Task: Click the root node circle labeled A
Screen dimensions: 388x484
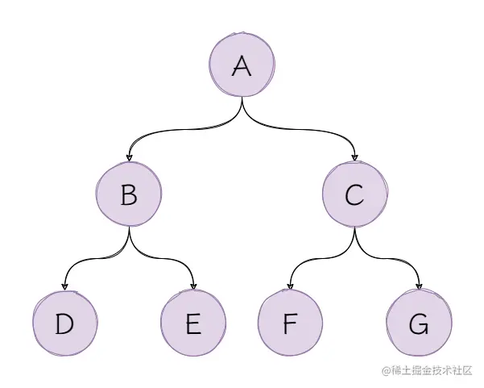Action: click(x=242, y=66)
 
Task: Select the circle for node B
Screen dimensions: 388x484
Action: click(x=129, y=195)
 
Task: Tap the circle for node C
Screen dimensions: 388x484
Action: click(x=355, y=195)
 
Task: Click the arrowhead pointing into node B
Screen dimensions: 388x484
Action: click(x=129, y=157)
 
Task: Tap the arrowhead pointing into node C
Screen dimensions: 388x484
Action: click(x=355, y=157)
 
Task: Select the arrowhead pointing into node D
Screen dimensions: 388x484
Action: click(x=64, y=286)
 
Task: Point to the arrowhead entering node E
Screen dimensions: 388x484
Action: click(x=193, y=286)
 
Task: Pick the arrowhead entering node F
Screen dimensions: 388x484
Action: click(x=290, y=286)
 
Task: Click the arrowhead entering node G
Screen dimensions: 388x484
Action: click(x=419, y=286)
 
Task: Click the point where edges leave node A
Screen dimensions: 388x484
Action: click(x=242, y=100)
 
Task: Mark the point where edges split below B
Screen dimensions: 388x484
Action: click(x=129, y=229)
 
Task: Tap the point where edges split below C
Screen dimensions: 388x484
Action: click(x=355, y=229)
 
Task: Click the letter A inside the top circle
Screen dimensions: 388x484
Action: click(x=242, y=66)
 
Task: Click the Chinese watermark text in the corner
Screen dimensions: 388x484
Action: click(x=427, y=369)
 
